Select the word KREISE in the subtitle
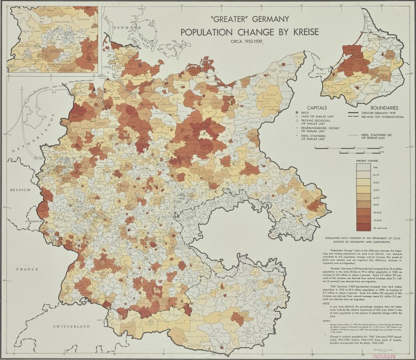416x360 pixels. click(x=300, y=32)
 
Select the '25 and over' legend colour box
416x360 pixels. click(x=365, y=226)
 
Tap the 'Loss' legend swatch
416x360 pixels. click(x=365, y=167)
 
